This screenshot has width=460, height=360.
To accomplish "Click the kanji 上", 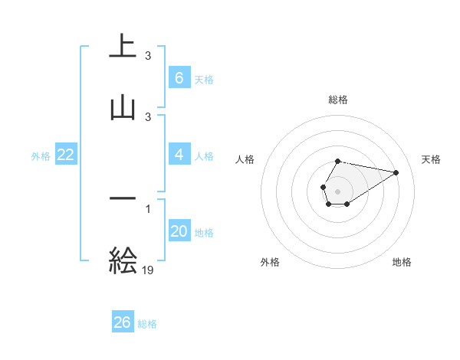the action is pos(123,47).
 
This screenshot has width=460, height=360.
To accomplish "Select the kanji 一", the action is pos(123,199).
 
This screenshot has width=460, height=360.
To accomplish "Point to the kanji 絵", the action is pos(123,260).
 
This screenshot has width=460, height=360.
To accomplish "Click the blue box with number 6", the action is pos(179,77).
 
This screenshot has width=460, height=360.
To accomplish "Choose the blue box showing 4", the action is pos(179,155).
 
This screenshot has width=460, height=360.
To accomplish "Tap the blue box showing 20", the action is pos(179,231).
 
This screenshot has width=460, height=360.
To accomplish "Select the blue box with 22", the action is pos(66,155).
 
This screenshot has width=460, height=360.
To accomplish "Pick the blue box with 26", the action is pos(122,322).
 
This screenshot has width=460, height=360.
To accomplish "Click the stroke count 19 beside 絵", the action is pos(148,270).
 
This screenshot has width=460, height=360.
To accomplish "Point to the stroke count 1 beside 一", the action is pos(148,208).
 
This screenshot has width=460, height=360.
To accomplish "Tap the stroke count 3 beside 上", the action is pos(148,56).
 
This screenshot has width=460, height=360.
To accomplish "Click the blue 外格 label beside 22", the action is pos(41,155).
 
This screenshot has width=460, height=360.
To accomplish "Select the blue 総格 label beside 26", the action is pos(147,323).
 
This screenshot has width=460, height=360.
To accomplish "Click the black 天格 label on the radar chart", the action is pos(432,159).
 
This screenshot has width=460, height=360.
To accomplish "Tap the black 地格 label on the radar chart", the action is pos(402,262).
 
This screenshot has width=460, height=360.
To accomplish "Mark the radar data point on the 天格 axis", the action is pos(396,172).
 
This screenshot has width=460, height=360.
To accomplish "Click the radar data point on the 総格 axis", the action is pos(337,162).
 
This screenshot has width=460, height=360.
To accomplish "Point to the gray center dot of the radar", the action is pos(337,191).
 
